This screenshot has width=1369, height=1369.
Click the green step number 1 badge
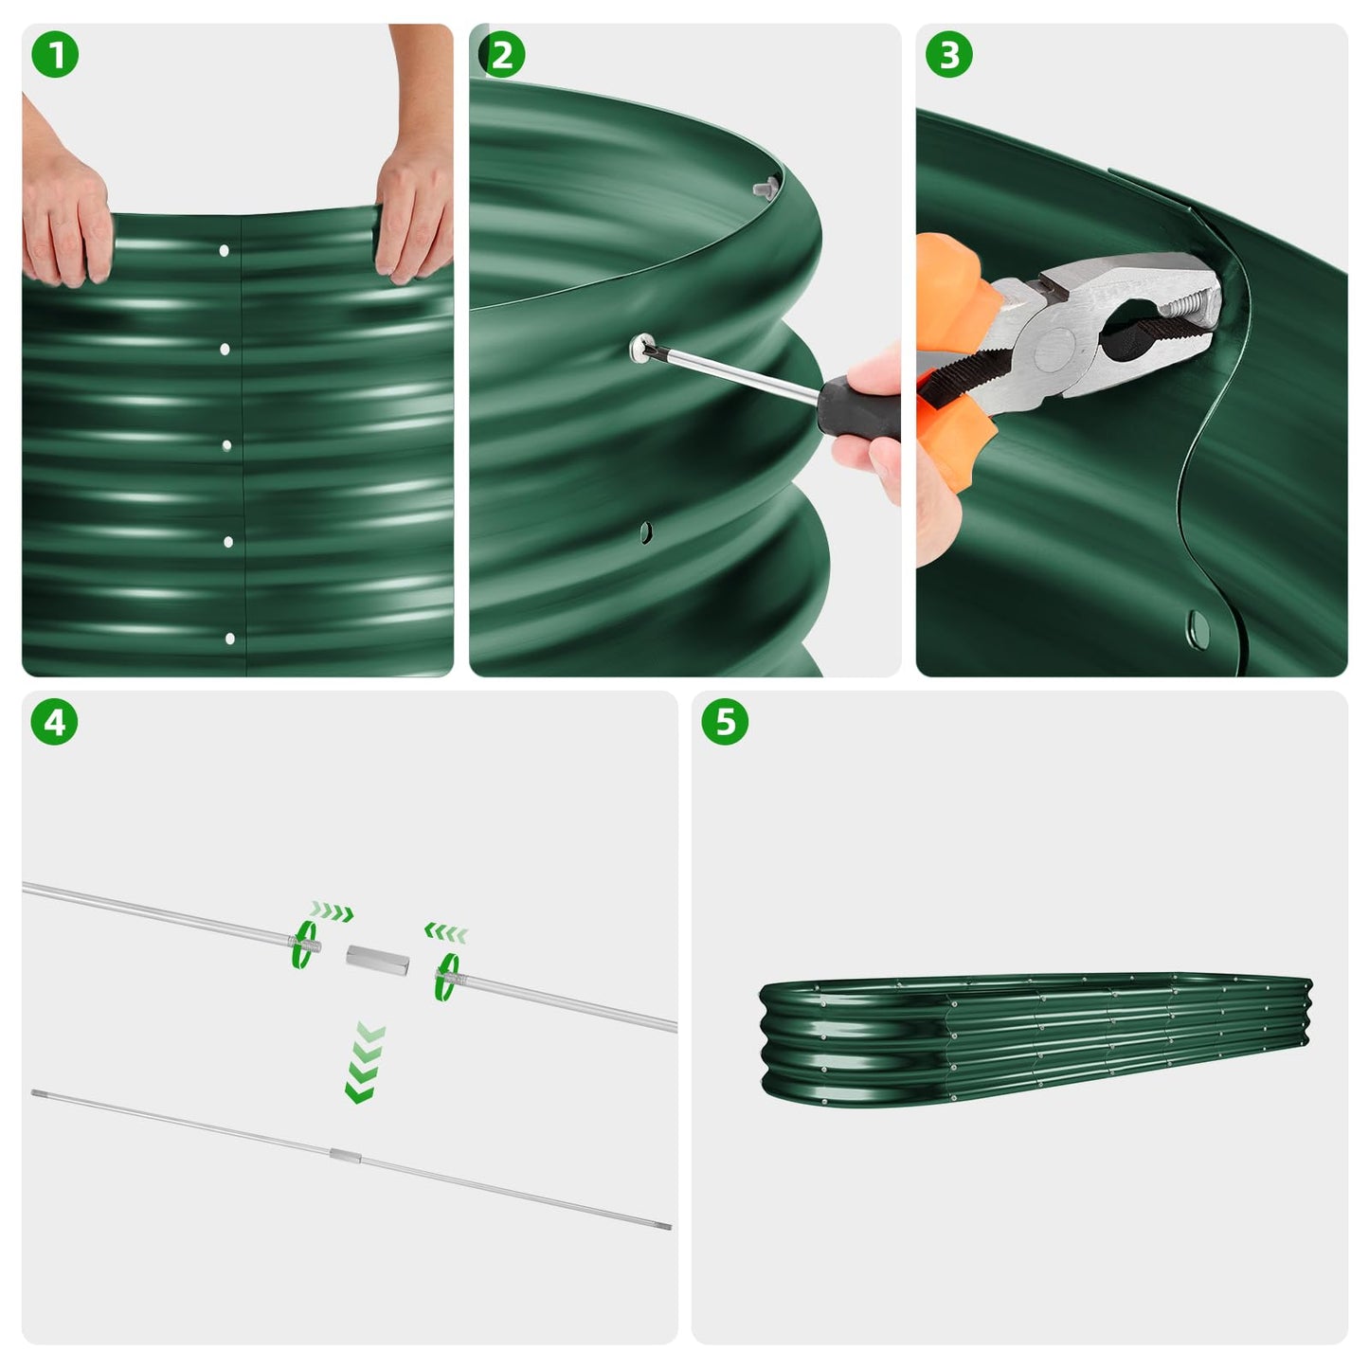click(55, 55)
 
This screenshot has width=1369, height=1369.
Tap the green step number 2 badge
click(501, 55)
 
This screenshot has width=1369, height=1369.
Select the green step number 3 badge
click(948, 55)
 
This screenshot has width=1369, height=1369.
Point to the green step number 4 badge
click(55, 722)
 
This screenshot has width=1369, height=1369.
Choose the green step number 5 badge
click(725, 722)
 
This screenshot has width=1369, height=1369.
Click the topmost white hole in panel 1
click(224, 251)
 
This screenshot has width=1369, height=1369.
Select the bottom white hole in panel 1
click(229, 639)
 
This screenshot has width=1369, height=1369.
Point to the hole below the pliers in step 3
click(1198, 625)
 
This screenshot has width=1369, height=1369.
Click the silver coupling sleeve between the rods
click(376, 959)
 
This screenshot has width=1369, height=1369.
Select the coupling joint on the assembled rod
click(345, 1155)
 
